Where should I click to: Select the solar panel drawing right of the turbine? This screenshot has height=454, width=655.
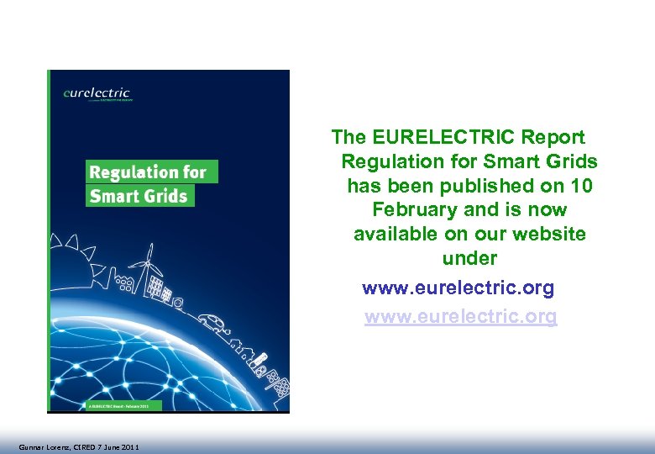point(157,287)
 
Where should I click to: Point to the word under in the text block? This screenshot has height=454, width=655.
point(469,258)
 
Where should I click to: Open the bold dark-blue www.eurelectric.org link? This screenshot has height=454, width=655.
point(458,288)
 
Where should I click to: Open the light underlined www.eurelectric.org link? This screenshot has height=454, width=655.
point(460,317)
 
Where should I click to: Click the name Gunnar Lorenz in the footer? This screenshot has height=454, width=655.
point(42,446)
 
